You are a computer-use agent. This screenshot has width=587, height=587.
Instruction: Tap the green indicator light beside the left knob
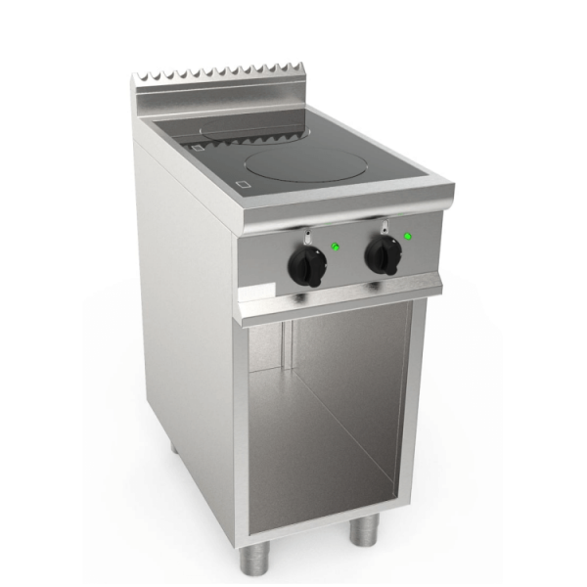[335, 246]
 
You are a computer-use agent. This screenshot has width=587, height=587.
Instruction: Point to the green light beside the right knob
[406, 233]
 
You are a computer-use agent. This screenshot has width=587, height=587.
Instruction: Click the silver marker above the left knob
[309, 236]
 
